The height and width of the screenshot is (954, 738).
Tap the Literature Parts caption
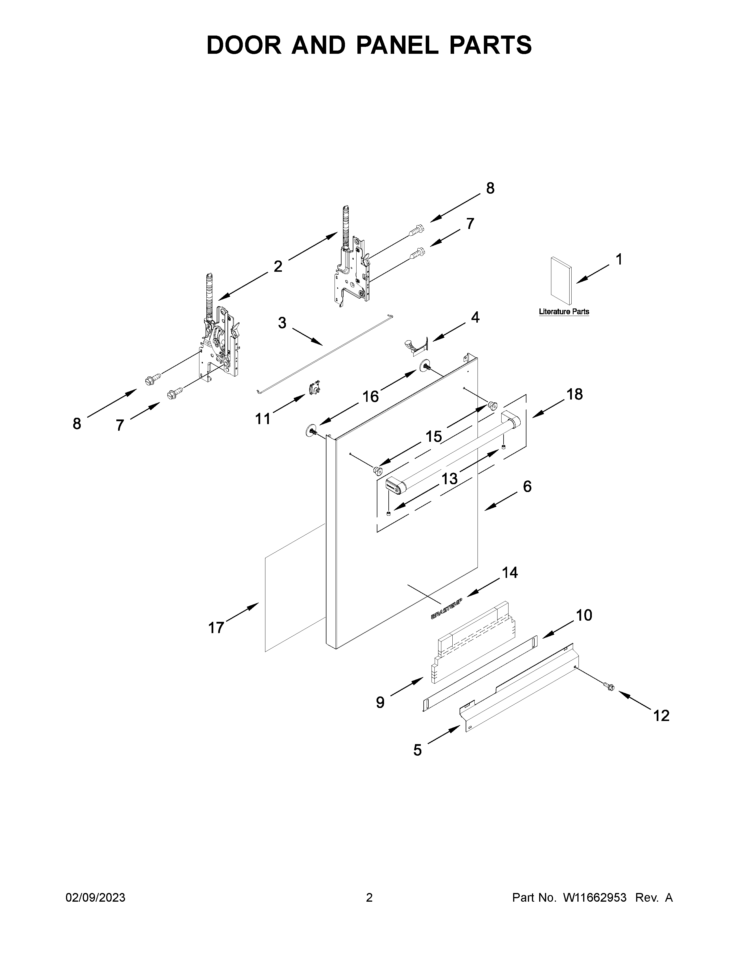coord(563,311)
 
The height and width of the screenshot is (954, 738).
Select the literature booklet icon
coord(561,281)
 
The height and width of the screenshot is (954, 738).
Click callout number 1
coord(619,260)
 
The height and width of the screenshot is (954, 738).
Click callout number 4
coord(475,317)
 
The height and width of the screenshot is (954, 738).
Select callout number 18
coord(574,394)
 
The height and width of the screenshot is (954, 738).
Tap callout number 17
coord(216,628)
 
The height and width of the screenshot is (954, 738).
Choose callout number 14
coord(510,572)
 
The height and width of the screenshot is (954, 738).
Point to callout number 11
coord(263,419)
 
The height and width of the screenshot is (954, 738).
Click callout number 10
coord(584,615)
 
